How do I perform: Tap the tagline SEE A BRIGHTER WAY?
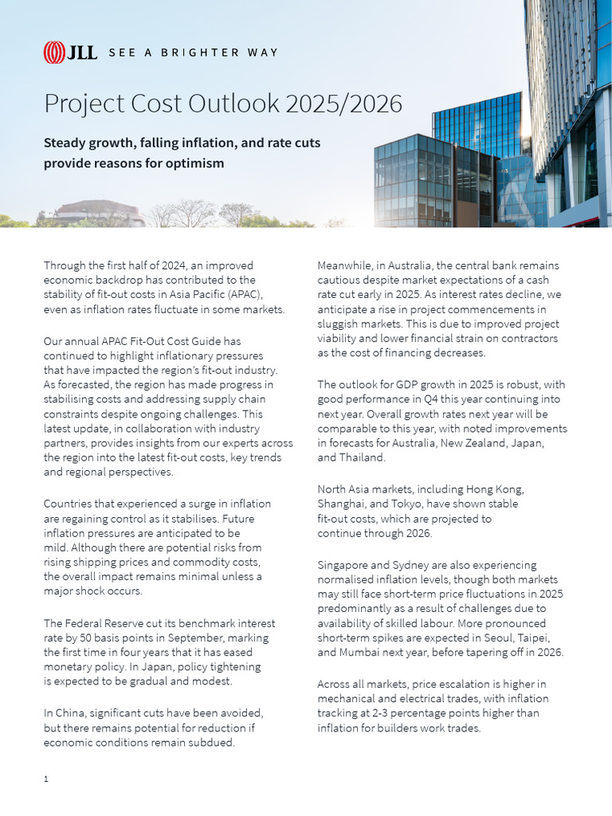(x=193, y=53)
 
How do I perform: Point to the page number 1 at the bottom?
(x=46, y=779)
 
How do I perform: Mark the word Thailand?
(x=363, y=458)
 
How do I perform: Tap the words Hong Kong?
(x=498, y=489)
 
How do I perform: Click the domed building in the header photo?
(x=100, y=211)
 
